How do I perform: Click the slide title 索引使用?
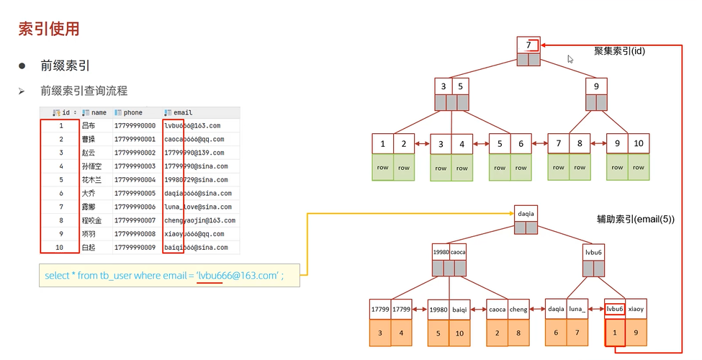click(48, 30)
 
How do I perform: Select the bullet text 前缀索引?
click(65, 66)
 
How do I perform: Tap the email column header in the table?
click(182, 113)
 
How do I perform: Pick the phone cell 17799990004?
click(135, 179)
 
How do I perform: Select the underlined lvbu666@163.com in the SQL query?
click(238, 276)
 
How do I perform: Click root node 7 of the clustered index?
click(528, 45)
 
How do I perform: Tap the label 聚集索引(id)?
click(619, 52)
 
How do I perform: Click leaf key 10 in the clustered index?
click(639, 144)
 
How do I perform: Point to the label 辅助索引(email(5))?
click(636, 219)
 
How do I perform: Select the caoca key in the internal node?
click(459, 253)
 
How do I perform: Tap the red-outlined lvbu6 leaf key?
click(614, 309)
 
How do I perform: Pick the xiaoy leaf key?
click(636, 309)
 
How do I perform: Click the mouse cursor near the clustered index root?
click(570, 59)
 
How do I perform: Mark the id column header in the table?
click(66, 113)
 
